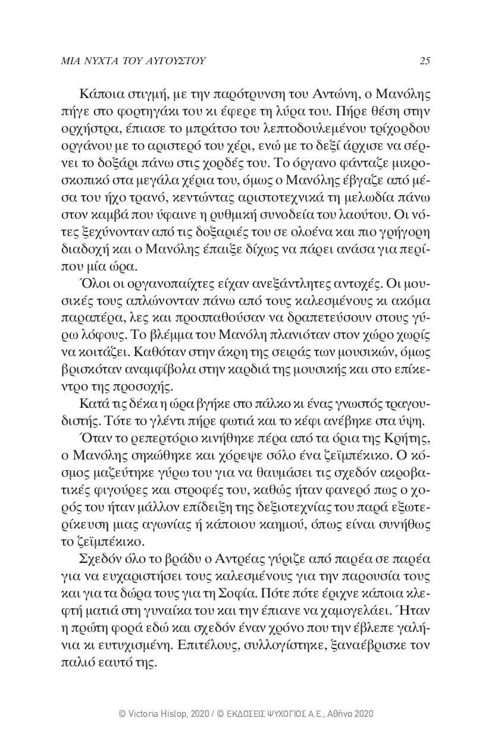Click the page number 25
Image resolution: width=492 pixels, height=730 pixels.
pyautogui.click(x=425, y=60)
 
